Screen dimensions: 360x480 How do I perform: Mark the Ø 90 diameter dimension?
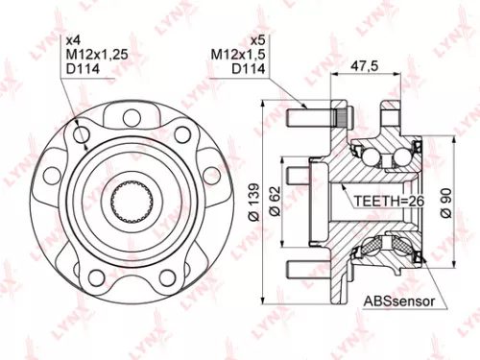click(x=443, y=203)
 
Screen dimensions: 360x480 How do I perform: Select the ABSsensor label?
click(x=398, y=301)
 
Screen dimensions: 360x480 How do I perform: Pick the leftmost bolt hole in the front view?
click(x=48, y=178)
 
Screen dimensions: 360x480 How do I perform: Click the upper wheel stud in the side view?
click(x=312, y=117)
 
